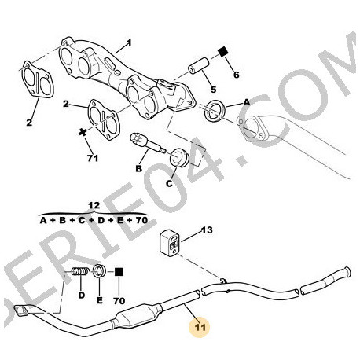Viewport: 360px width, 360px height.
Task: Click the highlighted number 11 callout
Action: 200,327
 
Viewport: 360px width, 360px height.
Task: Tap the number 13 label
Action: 207,230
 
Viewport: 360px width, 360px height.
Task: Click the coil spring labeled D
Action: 79,272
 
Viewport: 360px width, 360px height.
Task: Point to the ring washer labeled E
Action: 100,272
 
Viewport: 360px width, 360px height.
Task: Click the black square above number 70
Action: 119,272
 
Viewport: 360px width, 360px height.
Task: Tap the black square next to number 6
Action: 223,51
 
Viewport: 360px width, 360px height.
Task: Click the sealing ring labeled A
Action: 215,111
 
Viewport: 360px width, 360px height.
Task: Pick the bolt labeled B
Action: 148,143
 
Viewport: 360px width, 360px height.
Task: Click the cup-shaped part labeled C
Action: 178,157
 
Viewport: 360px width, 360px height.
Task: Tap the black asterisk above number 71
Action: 83,132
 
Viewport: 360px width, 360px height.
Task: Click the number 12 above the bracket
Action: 94,205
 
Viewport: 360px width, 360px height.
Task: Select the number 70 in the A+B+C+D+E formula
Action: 141,220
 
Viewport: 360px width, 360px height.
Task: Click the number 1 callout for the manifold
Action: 129,42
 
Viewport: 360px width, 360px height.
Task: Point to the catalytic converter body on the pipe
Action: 138,315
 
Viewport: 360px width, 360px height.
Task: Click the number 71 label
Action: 93,158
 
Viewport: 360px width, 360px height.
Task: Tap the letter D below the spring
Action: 82,296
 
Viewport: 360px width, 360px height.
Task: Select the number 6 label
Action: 237,75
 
